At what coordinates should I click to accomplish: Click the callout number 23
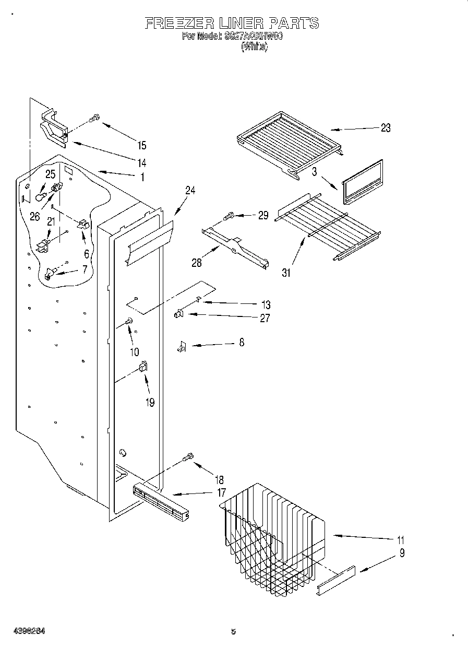[x=385, y=128]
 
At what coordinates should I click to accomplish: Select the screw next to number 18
[x=188, y=457]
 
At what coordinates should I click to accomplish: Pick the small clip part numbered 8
[x=182, y=346]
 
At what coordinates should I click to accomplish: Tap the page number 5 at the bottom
[x=233, y=631]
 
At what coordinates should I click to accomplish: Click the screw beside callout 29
[x=229, y=215]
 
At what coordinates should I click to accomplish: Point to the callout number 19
[x=150, y=403]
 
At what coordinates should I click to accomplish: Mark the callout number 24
[x=190, y=191]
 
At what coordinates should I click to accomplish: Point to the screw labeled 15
[x=94, y=119]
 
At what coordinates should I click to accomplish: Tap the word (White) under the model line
[x=254, y=46]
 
